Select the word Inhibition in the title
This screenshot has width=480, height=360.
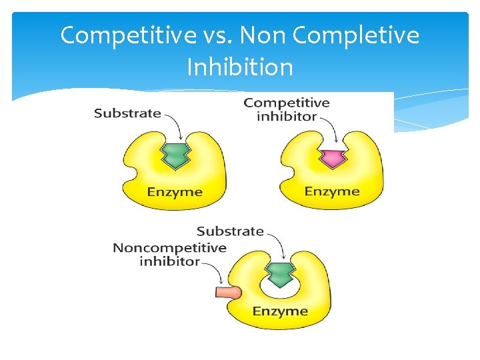pos(239,67)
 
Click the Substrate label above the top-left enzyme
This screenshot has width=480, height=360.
pos(127,113)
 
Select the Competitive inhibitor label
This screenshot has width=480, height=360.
pos(287,109)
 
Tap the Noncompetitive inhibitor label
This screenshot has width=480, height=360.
pos(169,255)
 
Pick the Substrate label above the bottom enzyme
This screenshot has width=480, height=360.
pos(230,231)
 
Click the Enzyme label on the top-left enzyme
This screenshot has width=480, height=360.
pos(174,192)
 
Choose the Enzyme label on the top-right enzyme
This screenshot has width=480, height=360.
pos(332,191)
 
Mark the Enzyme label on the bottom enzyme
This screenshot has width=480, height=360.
pos(280,311)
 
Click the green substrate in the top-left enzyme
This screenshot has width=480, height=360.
pos(175,155)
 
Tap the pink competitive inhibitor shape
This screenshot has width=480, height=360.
pos(331,158)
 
